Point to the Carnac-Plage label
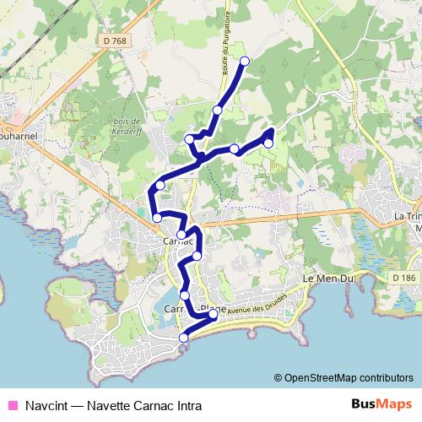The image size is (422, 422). point(195,308)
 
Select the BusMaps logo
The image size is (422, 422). point(381,404)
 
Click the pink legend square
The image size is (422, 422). point(12,405)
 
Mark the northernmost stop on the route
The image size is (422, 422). point(246,61)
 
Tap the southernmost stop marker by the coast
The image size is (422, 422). point(183,338)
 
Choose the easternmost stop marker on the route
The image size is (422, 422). point(268,143)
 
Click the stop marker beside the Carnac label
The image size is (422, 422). point(181,235)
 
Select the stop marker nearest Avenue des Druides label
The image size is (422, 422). point(213,314)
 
